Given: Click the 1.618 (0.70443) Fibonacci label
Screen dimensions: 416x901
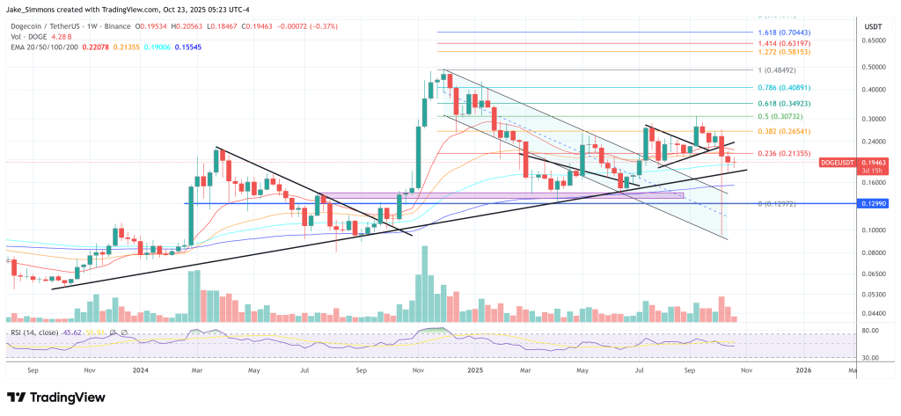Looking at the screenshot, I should click(x=782, y=32).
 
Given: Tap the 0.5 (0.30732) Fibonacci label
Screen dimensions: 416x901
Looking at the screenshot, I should click(x=779, y=117).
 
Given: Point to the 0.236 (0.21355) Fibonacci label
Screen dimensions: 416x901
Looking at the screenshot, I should click(x=782, y=153).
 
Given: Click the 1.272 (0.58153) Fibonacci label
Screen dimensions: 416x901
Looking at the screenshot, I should click(x=782, y=52).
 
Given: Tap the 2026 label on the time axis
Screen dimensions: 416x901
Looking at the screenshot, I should click(x=803, y=371).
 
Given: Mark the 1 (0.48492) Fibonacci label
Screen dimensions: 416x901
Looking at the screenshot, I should click(x=777, y=69).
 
